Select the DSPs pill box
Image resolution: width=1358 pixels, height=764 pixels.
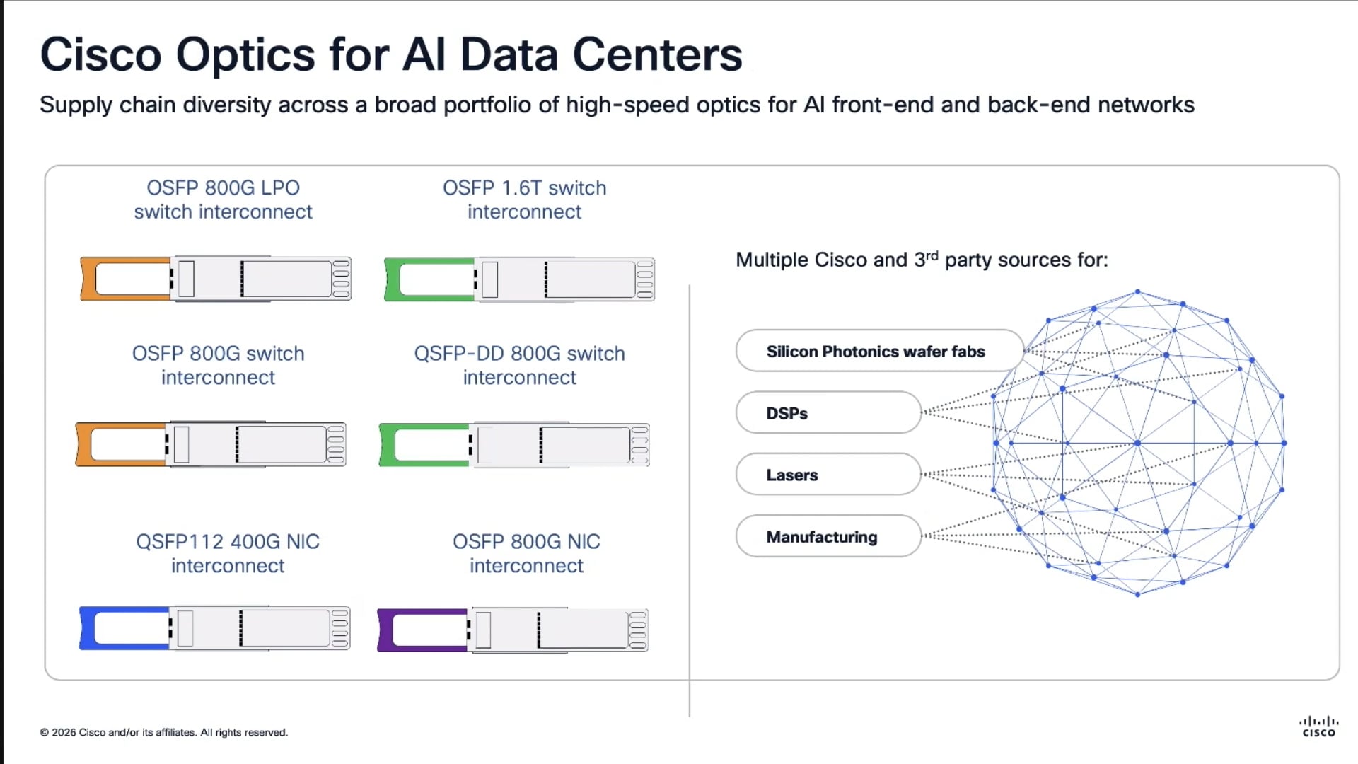(828, 413)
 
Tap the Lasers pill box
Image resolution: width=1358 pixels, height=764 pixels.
(828, 475)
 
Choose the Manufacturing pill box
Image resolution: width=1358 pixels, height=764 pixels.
(828, 537)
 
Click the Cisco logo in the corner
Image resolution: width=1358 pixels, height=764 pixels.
(1318, 727)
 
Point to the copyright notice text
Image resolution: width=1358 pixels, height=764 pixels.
(164, 732)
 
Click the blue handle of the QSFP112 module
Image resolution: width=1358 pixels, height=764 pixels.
(87, 628)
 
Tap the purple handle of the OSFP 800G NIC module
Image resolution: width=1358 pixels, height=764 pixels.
(385, 630)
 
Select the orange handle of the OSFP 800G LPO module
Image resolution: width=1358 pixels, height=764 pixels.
(88, 279)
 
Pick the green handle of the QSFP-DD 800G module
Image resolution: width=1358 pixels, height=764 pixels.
(387, 445)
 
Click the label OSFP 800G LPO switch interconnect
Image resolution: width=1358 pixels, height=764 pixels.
(223, 199)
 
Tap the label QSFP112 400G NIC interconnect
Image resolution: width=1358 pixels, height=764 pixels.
(228, 553)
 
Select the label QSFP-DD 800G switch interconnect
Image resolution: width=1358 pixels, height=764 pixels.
(519, 365)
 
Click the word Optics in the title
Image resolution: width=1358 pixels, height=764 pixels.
(245, 54)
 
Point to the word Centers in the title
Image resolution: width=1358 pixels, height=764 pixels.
(657, 54)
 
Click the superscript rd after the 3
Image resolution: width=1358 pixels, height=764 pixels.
(932, 255)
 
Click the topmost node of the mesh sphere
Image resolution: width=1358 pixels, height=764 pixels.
(1137, 291)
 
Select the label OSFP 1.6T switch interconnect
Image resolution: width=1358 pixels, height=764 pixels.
(524, 199)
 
